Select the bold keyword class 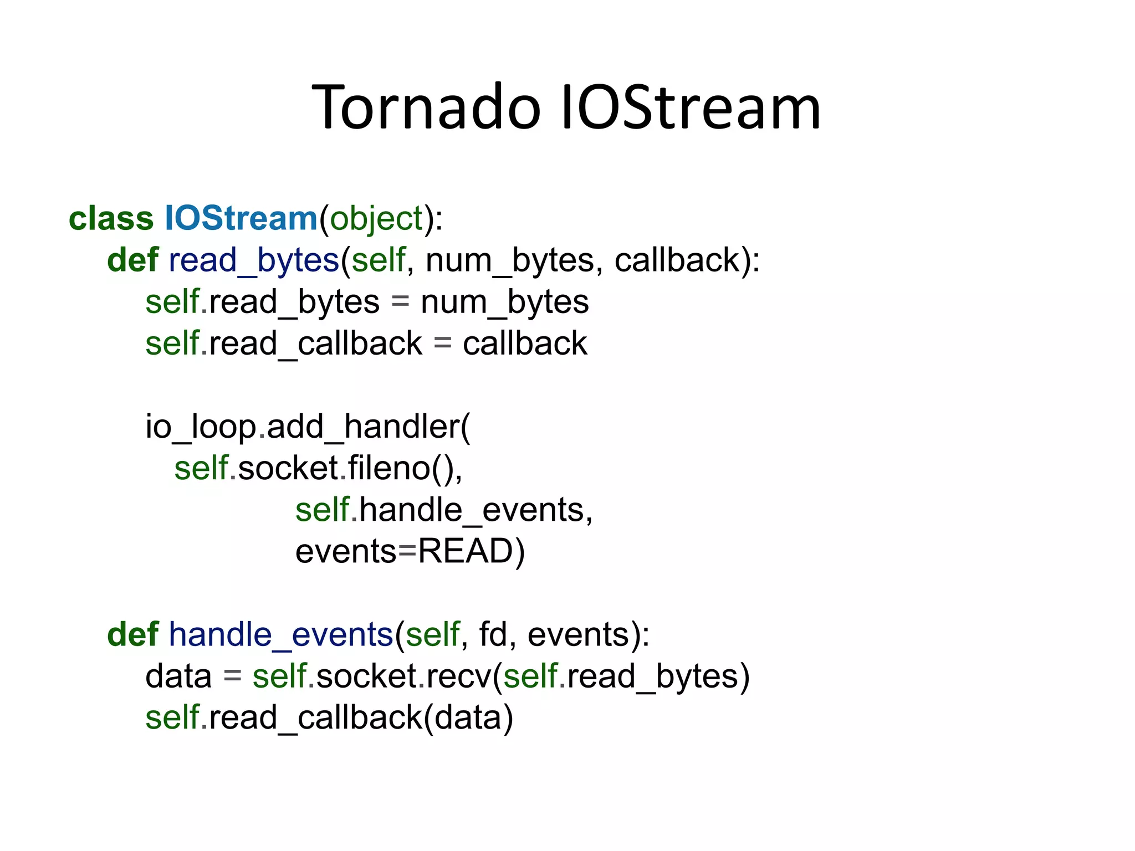pyautogui.click(x=111, y=218)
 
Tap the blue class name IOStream pyautogui.click(x=241, y=218)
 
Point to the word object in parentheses pyautogui.click(x=377, y=219)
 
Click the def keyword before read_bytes pyautogui.click(x=132, y=260)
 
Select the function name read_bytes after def pyautogui.click(x=253, y=261)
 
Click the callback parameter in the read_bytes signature pyautogui.click(x=677, y=260)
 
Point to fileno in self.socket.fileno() pyautogui.click(x=389, y=469)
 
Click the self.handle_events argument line pyautogui.click(x=443, y=510)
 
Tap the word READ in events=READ pyautogui.click(x=466, y=551)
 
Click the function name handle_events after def pyautogui.click(x=280, y=635)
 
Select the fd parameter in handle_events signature pyautogui.click(x=492, y=635)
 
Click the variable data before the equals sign pyautogui.click(x=178, y=676)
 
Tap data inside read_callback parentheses pyautogui.click(x=468, y=718)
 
